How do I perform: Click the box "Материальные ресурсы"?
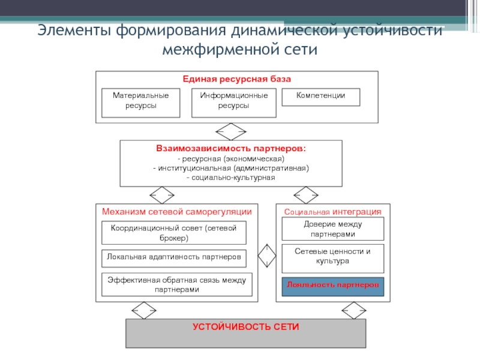point(141,103)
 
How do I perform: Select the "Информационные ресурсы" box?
point(234,103)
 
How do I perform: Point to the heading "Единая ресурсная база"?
point(236,79)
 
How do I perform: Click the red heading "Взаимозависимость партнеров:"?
point(231,148)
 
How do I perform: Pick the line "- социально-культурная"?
point(231,178)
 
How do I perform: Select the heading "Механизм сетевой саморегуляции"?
point(176,212)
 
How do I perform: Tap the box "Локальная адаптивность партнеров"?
point(174,257)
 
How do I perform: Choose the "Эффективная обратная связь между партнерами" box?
point(176,284)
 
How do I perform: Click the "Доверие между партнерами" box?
point(333,228)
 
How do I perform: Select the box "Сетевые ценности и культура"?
point(333,256)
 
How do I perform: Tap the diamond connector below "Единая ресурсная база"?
point(231,131)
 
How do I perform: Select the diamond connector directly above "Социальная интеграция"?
point(306,195)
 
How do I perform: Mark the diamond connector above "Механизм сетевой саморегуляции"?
point(161,195)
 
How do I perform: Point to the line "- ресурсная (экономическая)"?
point(231,158)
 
